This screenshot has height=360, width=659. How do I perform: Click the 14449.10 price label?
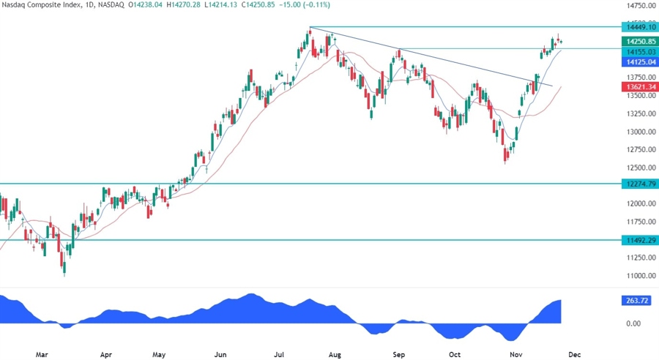(638, 27)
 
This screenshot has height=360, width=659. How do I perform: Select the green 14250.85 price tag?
(638, 42)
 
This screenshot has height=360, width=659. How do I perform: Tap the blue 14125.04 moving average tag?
(638, 62)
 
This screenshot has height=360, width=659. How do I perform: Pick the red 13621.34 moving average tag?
(638, 86)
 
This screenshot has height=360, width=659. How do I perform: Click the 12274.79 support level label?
(638, 184)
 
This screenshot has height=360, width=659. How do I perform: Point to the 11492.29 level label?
(638, 239)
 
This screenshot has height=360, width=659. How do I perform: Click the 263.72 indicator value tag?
(635, 300)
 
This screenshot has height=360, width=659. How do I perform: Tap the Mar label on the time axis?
(41, 353)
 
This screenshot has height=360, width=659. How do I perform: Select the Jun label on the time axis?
(218, 353)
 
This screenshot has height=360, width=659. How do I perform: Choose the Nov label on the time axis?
(515, 353)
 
